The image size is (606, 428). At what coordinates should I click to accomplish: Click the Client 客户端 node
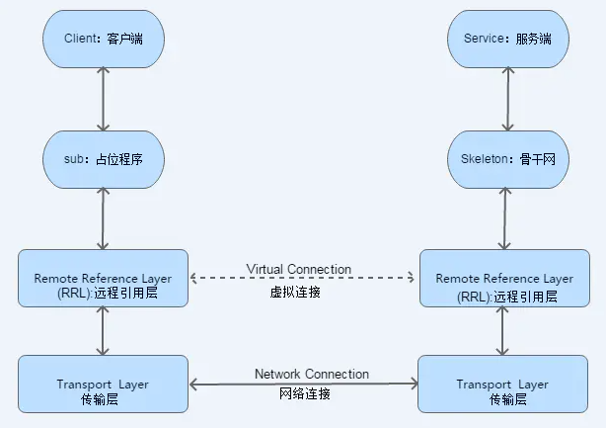[x=102, y=41]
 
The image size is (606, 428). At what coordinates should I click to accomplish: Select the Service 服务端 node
[x=506, y=41]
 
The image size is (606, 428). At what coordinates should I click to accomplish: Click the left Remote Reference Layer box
[x=102, y=280]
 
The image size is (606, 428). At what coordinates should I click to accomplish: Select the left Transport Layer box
[x=102, y=384]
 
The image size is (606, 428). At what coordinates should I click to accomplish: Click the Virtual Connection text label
[x=298, y=269]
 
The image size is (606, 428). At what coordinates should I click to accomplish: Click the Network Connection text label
[x=311, y=374]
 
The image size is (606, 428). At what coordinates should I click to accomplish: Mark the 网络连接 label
[x=305, y=393]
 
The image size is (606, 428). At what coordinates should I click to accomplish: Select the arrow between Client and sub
[x=102, y=99]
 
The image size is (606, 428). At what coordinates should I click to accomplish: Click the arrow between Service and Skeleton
[x=507, y=99]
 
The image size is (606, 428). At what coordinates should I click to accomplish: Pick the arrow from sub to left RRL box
[x=102, y=217]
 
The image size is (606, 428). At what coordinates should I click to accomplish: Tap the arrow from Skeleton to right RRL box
[x=506, y=217]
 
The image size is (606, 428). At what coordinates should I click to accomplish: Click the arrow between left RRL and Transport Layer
[x=102, y=333]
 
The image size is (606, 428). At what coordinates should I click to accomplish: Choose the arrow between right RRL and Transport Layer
[x=502, y=333]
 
